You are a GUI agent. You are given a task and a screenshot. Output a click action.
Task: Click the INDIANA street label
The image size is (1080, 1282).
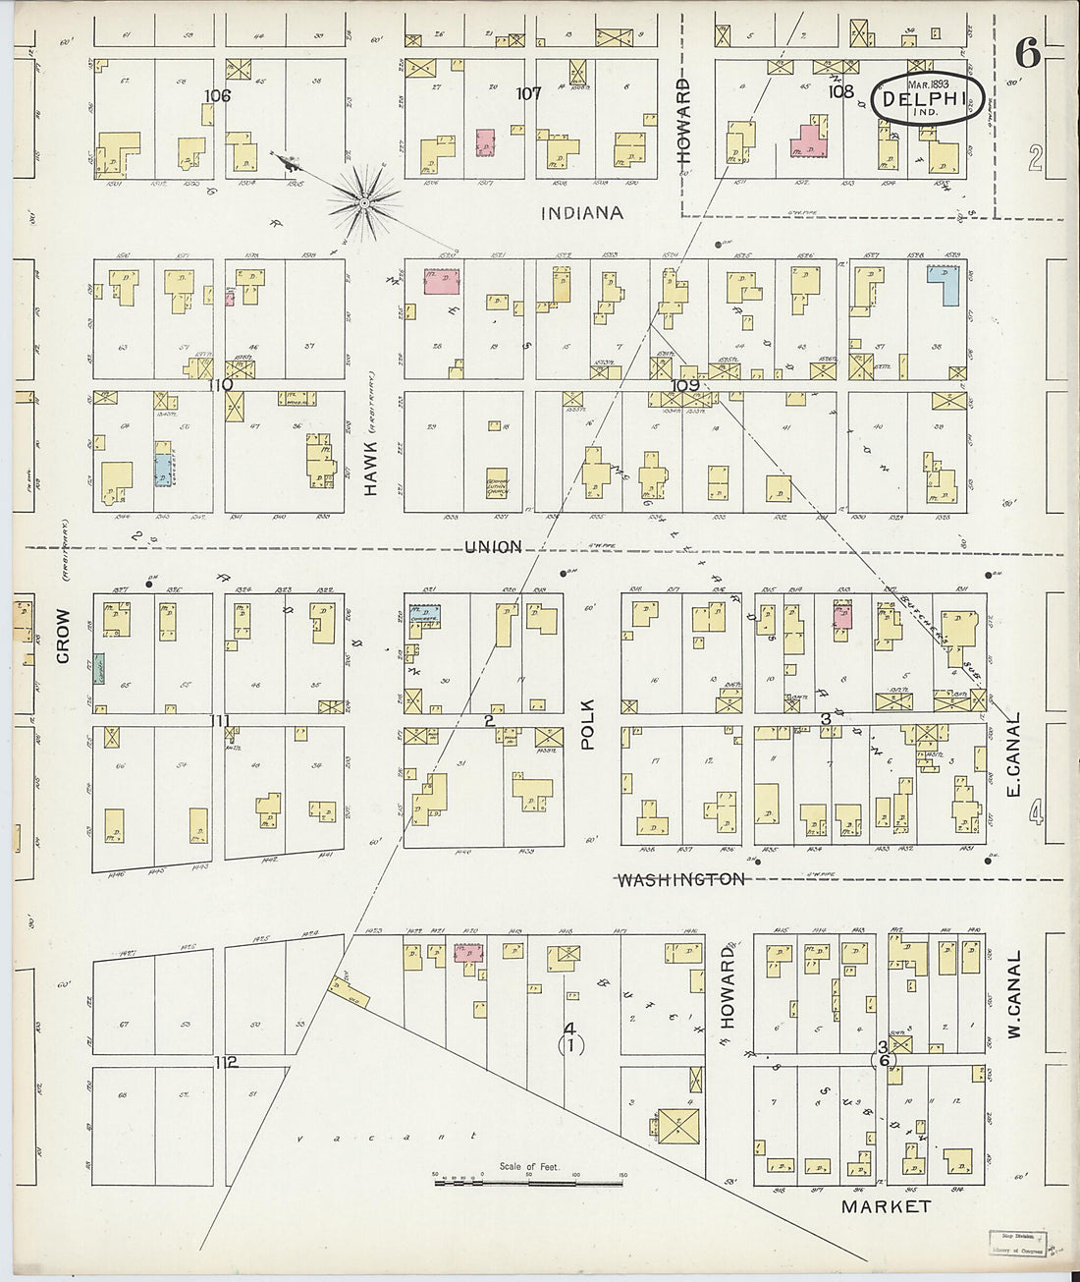(582, 212)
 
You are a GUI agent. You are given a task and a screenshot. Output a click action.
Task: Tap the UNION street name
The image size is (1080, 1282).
(493, 546)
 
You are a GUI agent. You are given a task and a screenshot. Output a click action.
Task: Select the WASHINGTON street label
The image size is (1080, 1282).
(679, 879)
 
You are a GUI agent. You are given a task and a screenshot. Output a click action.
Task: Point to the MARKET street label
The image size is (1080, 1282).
(886, 1205)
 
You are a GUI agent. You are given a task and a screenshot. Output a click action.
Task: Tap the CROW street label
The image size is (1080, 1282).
(64, 635)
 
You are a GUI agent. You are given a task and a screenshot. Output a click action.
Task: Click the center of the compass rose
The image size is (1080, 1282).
(364, 203)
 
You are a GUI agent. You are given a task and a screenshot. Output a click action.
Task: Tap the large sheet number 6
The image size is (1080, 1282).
(1027, 55)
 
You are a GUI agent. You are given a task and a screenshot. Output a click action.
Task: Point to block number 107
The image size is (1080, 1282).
(529, 93)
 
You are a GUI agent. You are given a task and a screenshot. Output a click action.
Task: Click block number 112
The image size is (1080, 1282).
(226, 1062)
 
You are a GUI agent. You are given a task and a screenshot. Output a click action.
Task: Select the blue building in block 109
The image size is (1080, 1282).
(945, 284)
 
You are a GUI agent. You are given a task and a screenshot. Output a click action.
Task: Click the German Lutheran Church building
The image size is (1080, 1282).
(498, 484)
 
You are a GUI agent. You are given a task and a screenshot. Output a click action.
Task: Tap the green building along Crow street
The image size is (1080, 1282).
(99, 668)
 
